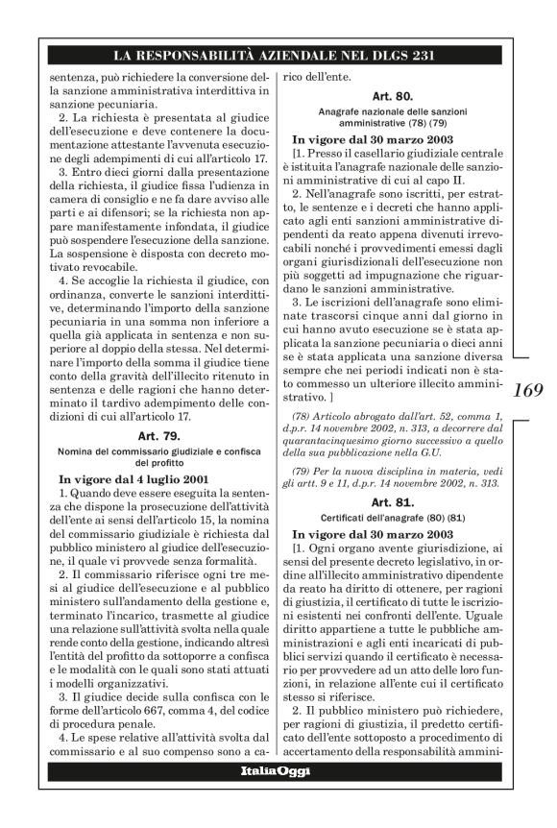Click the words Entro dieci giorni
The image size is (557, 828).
(x=104, y=173)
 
